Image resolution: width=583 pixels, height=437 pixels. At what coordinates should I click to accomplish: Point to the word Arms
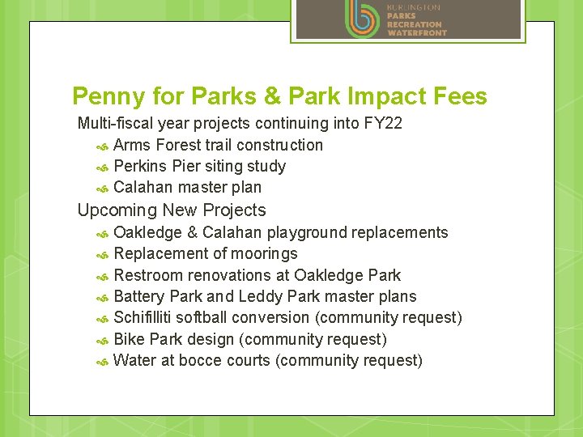132,146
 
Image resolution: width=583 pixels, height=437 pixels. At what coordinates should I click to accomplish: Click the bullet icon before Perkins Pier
102,168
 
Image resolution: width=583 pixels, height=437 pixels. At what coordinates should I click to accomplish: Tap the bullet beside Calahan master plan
102,189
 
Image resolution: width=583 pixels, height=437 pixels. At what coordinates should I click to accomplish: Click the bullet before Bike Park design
102,340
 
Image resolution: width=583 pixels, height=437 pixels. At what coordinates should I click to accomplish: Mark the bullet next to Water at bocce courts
102,362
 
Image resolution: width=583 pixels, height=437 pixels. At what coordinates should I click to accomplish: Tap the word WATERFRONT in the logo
416,33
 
